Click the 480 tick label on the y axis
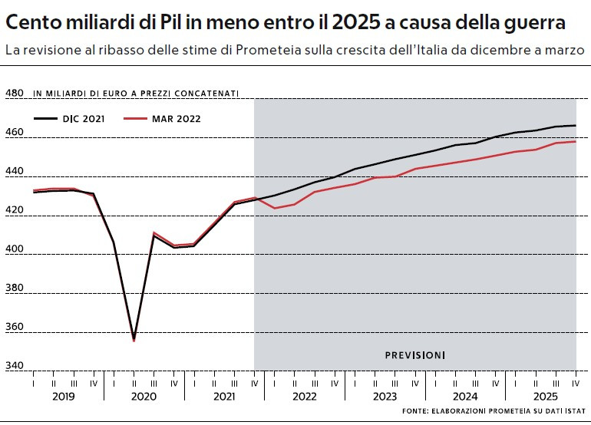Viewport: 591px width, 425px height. (x=15, y=94)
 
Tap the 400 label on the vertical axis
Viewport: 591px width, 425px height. (x=15, y=249)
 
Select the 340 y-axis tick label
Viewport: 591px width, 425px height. (x=15, y=366)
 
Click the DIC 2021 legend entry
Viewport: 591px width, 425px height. (x=68, y=118)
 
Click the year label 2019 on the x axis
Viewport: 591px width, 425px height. (x=63, y=397)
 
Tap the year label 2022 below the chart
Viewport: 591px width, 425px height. (x=305, y=397)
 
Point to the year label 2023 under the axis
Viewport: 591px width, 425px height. (x=385, y=397)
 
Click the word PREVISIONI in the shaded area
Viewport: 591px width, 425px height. (x=414, y=355)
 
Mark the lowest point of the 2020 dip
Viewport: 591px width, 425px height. (x=134, y=339)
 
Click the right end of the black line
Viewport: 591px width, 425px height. (x=576, y=125)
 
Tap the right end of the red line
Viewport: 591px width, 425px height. (x=576, y=141)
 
